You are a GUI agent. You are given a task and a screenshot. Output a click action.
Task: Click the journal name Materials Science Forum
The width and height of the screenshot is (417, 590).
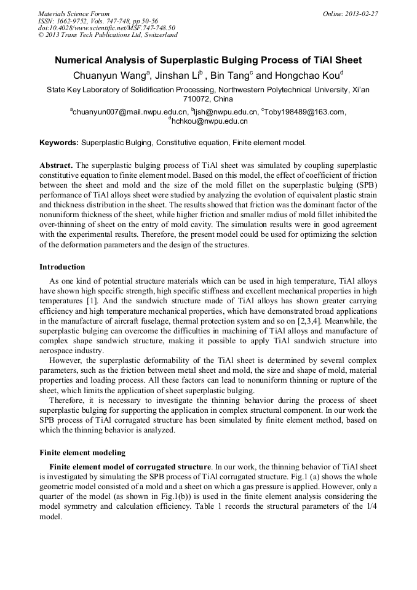point(74,14)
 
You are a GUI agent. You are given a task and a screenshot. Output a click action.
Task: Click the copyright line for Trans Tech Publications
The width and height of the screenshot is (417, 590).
point(108,35)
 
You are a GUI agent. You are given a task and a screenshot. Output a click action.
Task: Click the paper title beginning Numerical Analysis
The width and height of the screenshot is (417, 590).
point(208,60)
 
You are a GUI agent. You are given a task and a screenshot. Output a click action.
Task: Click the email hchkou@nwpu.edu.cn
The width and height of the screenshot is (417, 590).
point(208,122)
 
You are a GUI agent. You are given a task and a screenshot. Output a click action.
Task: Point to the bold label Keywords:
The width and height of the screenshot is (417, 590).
point(59,143)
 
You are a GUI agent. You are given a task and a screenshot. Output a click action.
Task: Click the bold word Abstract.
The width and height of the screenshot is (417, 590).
point(56,166)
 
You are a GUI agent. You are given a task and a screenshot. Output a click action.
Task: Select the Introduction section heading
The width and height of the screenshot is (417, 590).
point(62,267)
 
